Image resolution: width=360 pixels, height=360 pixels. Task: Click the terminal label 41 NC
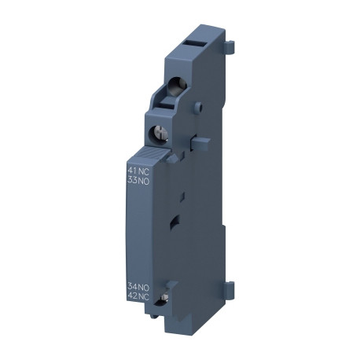coord(138,169)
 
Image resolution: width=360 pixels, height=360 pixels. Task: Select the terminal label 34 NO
coord(138,286)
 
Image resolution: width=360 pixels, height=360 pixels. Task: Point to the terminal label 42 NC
coord(138,296)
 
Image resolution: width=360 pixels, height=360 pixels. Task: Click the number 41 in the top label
coord(132,169)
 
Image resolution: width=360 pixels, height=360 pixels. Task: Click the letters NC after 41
coord(144,169)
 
